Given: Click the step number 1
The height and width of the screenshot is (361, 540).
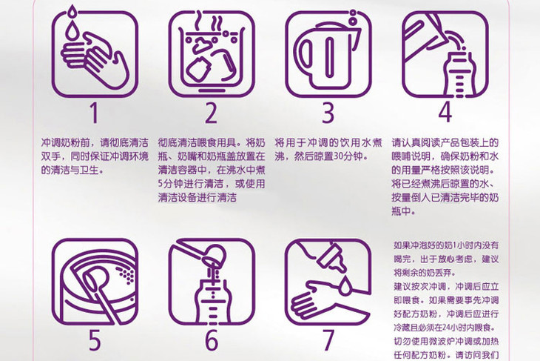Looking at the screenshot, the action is click(95, 113).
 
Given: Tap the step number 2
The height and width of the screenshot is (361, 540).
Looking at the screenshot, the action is click(211, 113).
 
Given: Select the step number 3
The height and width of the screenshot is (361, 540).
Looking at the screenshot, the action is click(328, 113).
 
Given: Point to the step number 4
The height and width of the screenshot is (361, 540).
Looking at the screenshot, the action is click(445, 113).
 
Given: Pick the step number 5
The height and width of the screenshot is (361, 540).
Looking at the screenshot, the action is click(95, 340).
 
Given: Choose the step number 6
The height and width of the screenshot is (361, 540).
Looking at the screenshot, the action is click(212, 340).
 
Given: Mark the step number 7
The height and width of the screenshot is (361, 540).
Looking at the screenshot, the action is click(328, 340).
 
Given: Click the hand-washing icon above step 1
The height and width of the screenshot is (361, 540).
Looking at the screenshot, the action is click(95, 54).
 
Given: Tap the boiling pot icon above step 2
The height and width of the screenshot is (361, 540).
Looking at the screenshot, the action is click(211, 54).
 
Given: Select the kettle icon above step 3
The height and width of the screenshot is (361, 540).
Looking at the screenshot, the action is click(328, 54).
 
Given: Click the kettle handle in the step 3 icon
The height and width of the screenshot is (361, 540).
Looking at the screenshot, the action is click(306, 56).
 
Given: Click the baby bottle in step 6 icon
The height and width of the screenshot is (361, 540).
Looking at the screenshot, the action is click(212, 301).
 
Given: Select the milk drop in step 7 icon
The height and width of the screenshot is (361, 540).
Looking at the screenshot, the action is click(345, 286).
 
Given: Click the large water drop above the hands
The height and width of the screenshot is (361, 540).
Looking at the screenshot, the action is click(72, 32).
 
